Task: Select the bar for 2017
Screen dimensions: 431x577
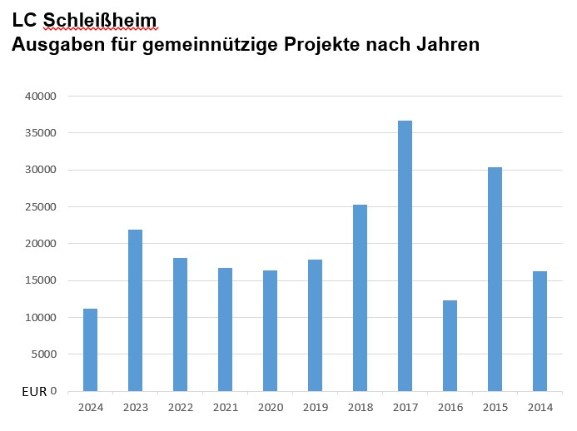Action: coord(405,255)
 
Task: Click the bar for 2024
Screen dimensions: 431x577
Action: coord(90,349)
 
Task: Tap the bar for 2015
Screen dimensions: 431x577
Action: coord(495,279)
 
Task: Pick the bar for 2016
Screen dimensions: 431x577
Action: coord(450,345)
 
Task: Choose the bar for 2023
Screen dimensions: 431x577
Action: coord(135,310)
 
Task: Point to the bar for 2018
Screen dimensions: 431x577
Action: coord(360,298)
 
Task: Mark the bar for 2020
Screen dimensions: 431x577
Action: coord(270,330)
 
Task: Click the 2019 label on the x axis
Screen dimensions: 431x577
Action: coord(315,407)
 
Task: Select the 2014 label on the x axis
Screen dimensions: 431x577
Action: coord(540,407)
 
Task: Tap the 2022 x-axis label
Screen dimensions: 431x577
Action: coord(180,407)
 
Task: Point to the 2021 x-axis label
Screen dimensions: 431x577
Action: coord(225,407)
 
